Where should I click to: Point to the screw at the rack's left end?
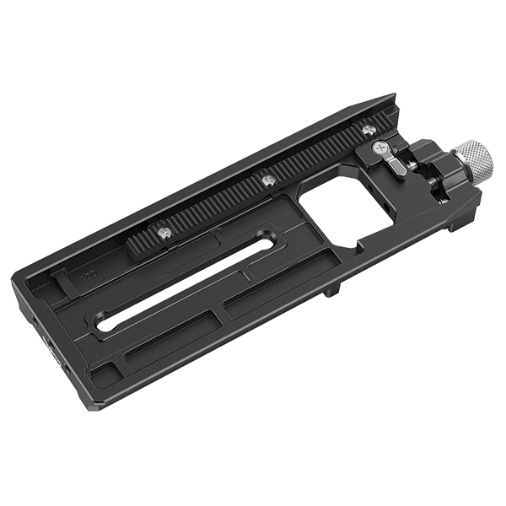tap(163, 232)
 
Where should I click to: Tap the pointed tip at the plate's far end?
tap(390, 95)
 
